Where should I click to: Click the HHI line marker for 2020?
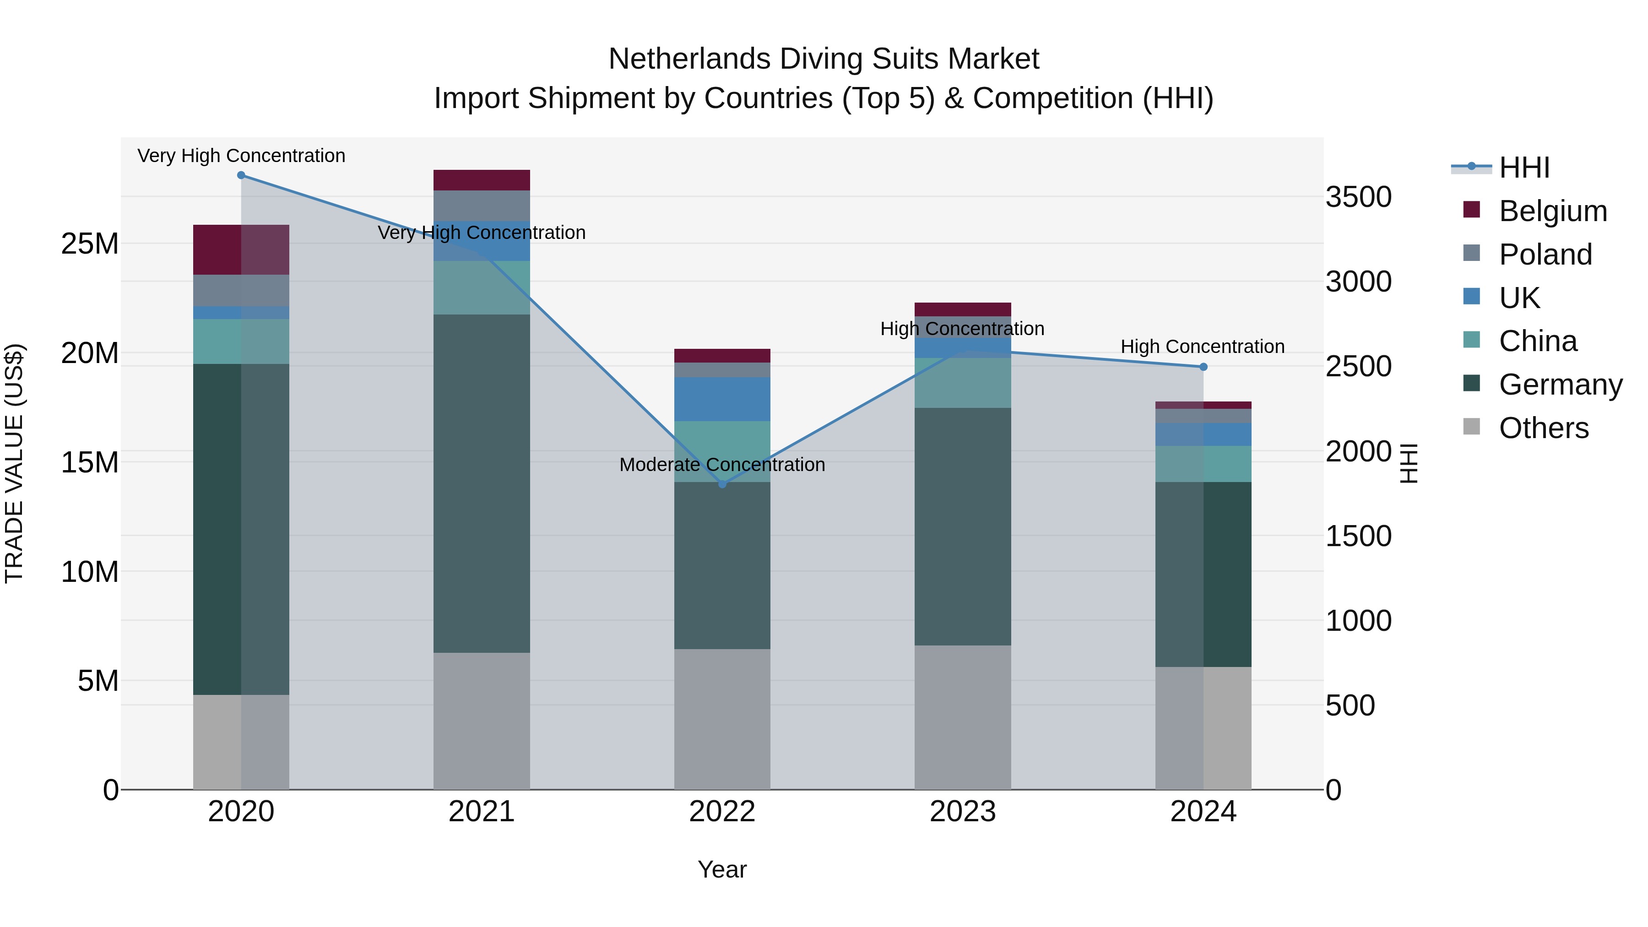(x=241, y=175)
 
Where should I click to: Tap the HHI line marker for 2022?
(x=722, y=484)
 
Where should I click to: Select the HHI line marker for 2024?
(x=1203, y=367)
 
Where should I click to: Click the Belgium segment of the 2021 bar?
(x=482, y=180)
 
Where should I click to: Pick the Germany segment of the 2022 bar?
(x=722, y=565)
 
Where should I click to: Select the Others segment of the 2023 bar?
(x=963, y=717)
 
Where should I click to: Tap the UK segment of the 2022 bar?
(x=722, y=399)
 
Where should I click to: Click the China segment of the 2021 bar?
(x=482, y=288)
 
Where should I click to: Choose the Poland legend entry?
(x=1545, y=255)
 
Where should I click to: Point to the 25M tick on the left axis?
(x=90, y=244)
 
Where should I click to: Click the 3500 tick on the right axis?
(x=1358, y=197)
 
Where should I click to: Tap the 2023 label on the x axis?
(x=963, y=812)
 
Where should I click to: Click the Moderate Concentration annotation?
(x=722, y=465)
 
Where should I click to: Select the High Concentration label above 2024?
(x=1203, y=347)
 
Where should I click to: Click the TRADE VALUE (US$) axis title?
(x=14, y=463)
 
